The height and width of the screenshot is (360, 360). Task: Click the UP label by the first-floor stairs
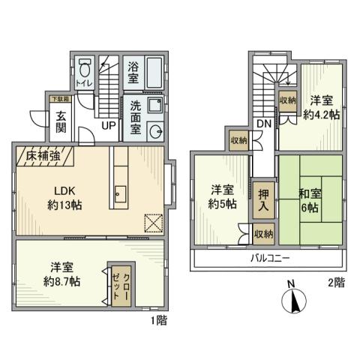108,126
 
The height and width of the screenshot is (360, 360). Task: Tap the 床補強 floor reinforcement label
41,156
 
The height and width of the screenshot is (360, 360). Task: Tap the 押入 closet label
262,198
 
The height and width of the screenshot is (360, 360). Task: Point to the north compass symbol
295,301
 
